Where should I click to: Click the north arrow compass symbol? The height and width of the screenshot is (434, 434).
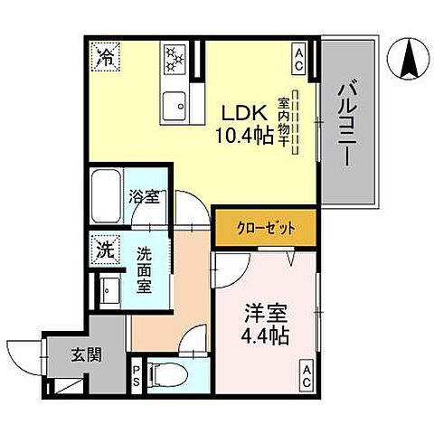click(x=407, y=61)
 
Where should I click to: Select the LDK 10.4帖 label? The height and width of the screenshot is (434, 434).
click(x=242, y=126)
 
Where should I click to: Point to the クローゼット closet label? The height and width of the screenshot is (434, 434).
click(x=265, y=228)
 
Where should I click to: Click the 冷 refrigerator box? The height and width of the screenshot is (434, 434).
click(x=105, y=59)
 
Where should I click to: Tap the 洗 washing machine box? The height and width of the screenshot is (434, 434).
click(x=104, y=250)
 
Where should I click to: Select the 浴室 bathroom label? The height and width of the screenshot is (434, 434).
click(x=143, y=195)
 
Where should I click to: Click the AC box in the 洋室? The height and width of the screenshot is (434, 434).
click(x=307, y=372)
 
